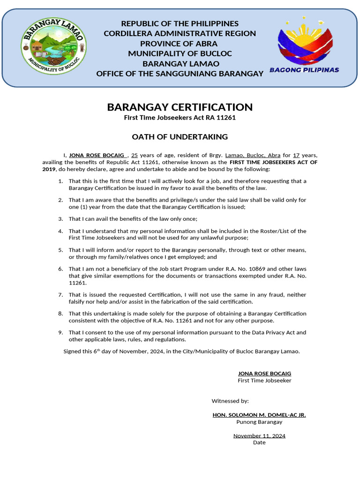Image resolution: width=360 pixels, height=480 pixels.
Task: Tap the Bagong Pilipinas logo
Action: coord(305,46)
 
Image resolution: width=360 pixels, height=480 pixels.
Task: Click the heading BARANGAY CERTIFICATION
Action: coord(180,107)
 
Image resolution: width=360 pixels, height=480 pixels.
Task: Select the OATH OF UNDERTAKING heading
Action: coord(180,137)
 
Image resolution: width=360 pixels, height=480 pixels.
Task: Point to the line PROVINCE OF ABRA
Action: coord(180,44)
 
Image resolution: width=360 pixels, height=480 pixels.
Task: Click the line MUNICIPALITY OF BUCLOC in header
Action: coord(180,53)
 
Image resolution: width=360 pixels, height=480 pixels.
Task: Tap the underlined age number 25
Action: coord(134,155)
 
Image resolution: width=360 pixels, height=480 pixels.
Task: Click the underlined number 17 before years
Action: coord(296,155)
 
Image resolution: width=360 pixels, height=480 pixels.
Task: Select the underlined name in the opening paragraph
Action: coord(97,155)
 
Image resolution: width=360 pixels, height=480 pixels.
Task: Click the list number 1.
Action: coord(60,181)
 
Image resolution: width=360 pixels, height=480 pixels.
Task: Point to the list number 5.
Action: coord(60,250)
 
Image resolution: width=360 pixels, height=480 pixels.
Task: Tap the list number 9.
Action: coord(60,332)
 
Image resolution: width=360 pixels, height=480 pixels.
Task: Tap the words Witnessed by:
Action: coord(230,401)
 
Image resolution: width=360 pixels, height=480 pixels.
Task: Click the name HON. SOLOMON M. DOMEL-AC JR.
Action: coord(259,415)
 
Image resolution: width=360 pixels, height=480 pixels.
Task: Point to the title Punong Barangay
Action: coord(259,422)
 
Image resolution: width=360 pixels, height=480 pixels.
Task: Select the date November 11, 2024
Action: coord(259,436)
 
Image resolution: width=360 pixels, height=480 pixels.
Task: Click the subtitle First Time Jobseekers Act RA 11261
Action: coord(180,118)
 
